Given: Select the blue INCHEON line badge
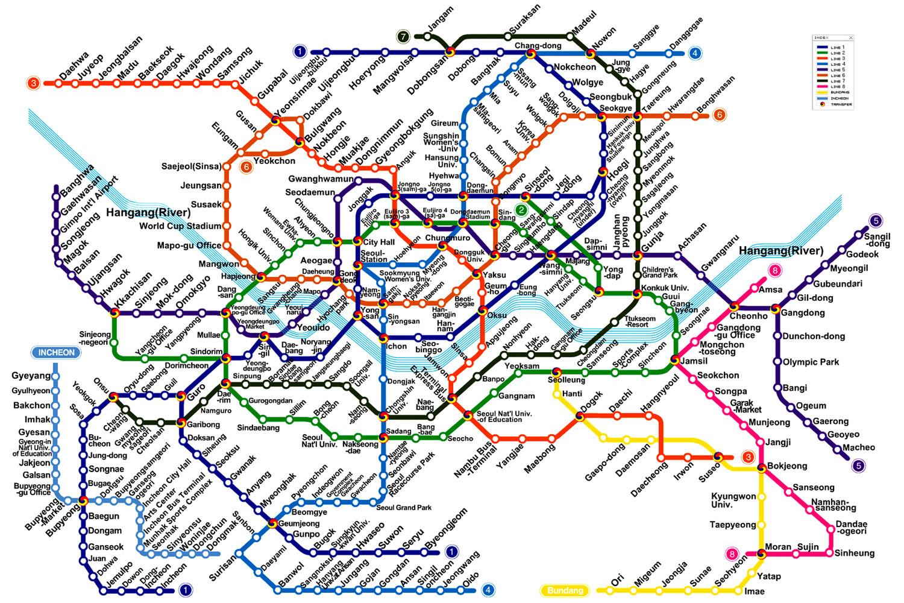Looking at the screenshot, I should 57,353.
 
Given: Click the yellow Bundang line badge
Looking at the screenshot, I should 565,590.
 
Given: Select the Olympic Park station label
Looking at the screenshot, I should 811,362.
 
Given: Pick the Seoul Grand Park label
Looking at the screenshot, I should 404,508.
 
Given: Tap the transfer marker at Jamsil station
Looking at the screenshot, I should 676,360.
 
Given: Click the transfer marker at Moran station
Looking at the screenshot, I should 761,552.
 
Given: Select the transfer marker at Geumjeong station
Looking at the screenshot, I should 273,523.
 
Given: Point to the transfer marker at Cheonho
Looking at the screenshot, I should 735,307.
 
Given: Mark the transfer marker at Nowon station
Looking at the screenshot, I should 591,54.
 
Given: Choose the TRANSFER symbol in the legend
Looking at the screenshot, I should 821,104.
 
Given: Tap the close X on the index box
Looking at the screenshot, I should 851,37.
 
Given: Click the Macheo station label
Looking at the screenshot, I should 859,447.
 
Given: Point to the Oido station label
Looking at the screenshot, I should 472,576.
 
